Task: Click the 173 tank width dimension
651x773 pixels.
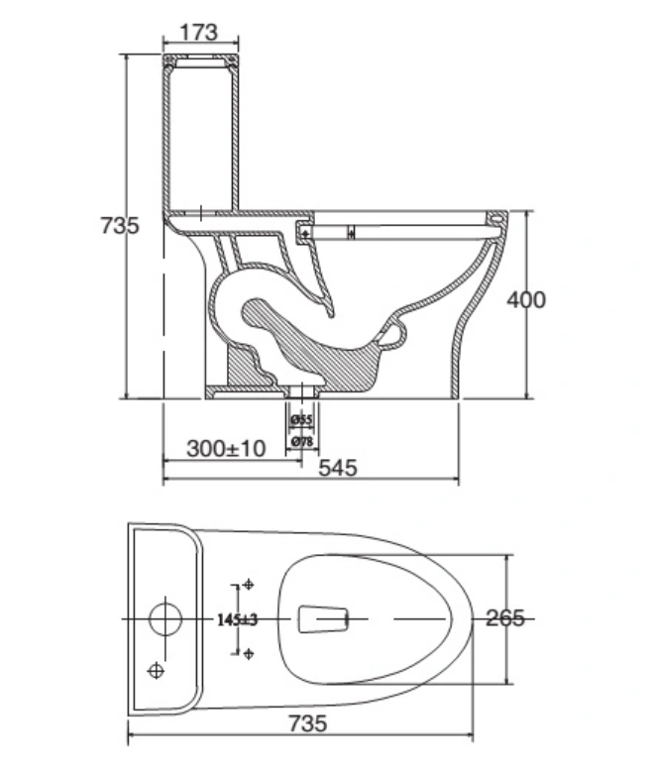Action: click(x=199, y=33)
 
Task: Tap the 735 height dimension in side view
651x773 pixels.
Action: click(x=120, y=225)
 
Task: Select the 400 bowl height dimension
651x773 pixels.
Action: click(x=526, y=299)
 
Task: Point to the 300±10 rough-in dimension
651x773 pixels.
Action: click(x=226, y=449)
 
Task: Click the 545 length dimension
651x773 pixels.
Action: click(x=338, y=468)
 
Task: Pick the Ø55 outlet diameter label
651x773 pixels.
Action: click(x=301, y=420)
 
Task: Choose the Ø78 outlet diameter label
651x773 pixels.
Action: click(x=301, y=441)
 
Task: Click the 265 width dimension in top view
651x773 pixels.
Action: click(x=505, y=618)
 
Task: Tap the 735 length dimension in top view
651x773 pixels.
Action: click(x=307, y=723)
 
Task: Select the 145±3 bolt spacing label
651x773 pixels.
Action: click(x=238, y=619)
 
